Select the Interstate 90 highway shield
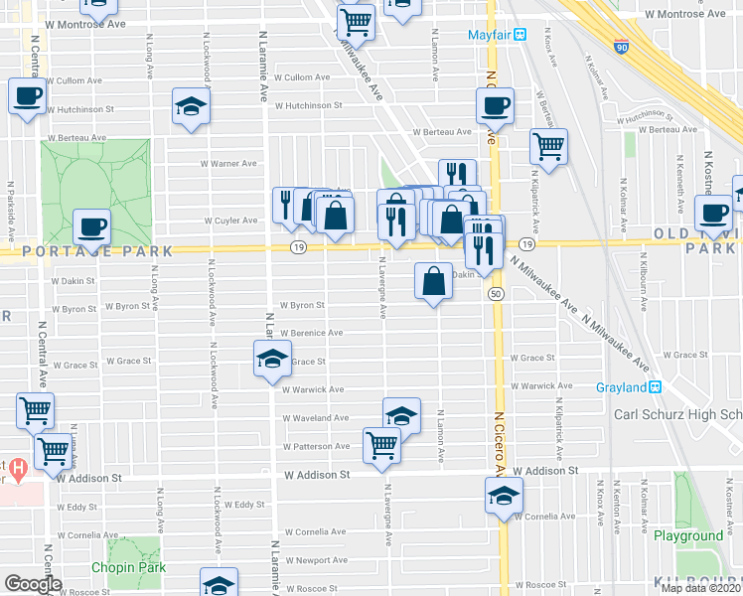[623, 47]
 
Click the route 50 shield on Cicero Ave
[495, 293]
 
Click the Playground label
[688, 535]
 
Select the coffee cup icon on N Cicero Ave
[495, 104]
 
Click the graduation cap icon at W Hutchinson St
[192, 107]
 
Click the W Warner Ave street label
[228, 163]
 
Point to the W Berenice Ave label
[311, 333]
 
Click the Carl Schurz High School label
[677, 414]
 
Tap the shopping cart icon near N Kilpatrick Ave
[548, 146]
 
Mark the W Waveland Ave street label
[316, 418]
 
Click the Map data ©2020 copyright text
[701, 588]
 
